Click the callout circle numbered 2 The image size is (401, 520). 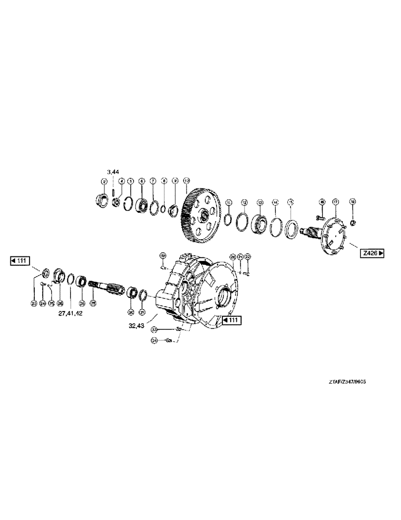104,181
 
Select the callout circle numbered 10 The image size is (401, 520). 186,181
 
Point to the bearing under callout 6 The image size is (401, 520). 141,206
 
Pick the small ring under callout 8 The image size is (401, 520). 164,209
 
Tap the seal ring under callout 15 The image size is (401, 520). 291,227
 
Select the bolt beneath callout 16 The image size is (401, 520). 320,214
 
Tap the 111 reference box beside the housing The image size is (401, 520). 230,320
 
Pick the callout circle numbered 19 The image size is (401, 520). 162,256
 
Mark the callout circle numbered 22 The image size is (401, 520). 248,256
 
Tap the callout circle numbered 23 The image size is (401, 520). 34,303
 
